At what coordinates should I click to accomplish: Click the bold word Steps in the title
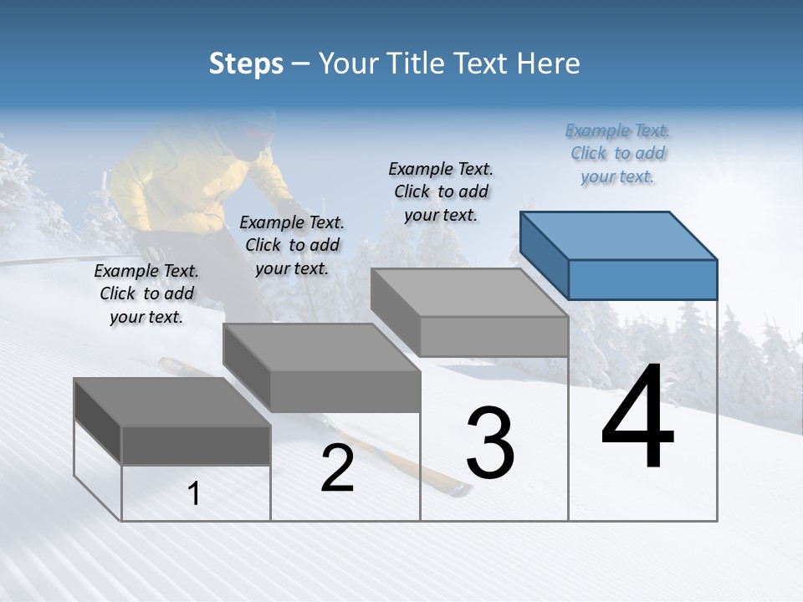(x=246, y=64)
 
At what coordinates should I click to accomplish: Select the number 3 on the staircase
(x=490, y=442)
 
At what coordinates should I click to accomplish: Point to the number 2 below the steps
(x=338, y=469)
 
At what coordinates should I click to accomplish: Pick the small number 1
(x=194, y=494)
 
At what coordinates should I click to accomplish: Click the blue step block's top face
(x=618, y=235)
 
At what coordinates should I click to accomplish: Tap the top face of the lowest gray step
(x=172, y=401)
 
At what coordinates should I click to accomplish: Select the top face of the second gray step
(x=321, y=347)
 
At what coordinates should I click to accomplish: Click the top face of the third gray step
(x=469, y=293)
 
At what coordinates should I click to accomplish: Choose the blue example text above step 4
(x=617, y=154)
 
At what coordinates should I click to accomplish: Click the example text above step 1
(x=146, y=294)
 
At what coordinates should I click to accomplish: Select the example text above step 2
(x=292, y=246)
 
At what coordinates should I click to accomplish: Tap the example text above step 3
(x=441, y=191)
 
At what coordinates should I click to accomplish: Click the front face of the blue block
(x=642, y=279)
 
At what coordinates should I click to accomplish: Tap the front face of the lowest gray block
(x=196, y=446)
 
